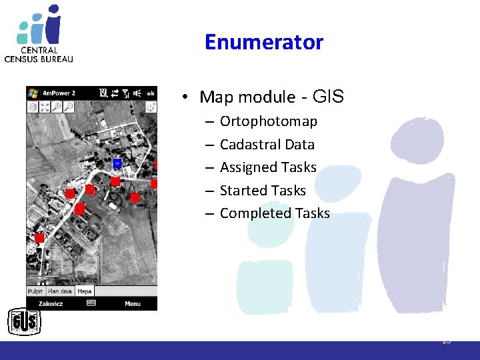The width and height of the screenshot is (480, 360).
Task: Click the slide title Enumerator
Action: (264, 43)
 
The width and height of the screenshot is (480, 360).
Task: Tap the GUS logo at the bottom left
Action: (24, 323)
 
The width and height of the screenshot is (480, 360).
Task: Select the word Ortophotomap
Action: (268, 121)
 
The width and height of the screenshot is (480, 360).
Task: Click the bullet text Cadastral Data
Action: (267, 145)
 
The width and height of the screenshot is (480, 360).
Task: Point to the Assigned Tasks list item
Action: (268, 167)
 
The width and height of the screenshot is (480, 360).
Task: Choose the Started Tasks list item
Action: (263, 191)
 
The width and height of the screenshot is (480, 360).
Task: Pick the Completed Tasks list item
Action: (275, 213)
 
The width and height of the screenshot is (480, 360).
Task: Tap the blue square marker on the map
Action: (117, 163)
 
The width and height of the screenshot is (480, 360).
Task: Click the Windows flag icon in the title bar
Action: (32, 93)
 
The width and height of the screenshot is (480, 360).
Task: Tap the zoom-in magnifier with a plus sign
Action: (56, 107)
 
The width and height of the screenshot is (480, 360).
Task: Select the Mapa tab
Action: (85, 291)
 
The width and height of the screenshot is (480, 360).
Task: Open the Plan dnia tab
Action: (59, 291)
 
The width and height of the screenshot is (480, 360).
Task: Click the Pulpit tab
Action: (35, 291)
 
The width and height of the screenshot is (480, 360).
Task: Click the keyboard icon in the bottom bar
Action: (91, 303)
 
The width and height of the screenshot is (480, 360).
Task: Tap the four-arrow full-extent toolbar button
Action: (44, 107)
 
